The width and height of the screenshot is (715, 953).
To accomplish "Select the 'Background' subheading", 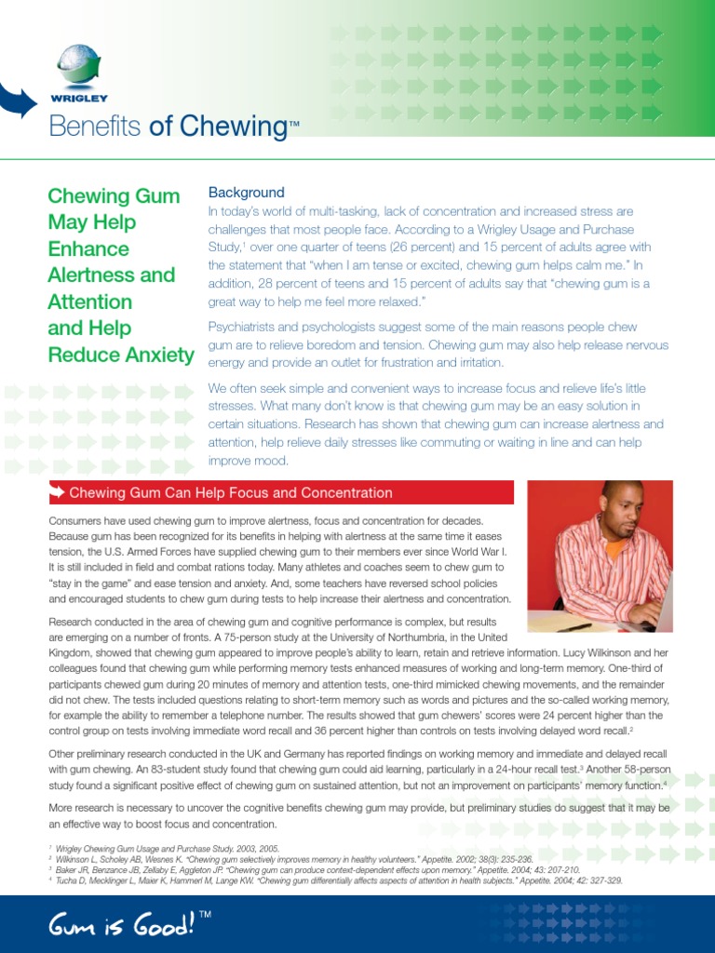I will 246,193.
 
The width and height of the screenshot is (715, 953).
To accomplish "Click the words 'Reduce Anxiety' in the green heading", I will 121,355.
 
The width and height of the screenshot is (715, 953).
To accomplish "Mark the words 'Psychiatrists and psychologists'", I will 298,327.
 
